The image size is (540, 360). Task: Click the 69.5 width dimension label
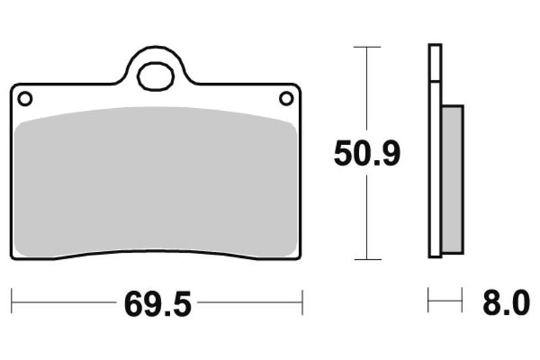pos(157,305)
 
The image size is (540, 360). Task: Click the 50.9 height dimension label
pos(367,154)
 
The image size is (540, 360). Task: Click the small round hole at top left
pos(25,99)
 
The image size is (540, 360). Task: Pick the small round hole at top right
pos(286,99)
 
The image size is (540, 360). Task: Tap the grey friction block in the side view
pos(452,179)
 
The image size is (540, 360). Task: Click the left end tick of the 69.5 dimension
pos(11,300)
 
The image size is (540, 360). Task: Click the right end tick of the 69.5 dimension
pos(302,300)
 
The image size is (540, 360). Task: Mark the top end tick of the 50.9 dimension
pos(367,47)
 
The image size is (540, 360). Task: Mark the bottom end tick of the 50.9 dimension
pos(367,259)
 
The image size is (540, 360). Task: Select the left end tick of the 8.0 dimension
pos(429,300)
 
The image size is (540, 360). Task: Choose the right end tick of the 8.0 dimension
pos(462,300)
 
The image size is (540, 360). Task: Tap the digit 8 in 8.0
pos(491,304)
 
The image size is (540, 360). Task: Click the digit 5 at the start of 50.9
pos(344,154)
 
